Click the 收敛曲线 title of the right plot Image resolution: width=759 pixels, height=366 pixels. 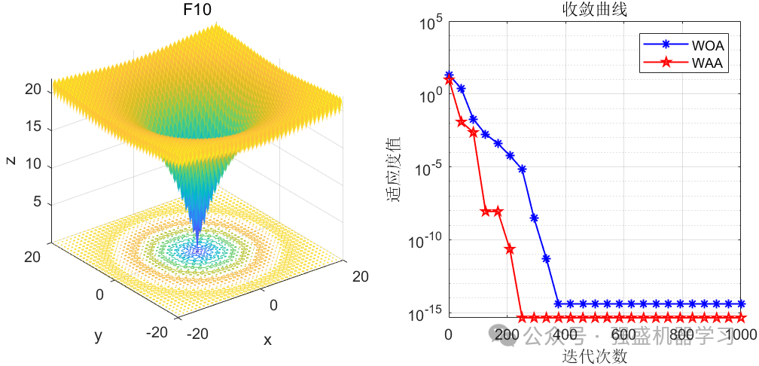pyautogui.click(x=594, y=10)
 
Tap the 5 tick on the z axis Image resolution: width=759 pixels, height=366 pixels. pyautogui.click(x=37, y=203)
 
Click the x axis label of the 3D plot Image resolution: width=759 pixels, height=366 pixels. pyautogui.click(x=267, y=340)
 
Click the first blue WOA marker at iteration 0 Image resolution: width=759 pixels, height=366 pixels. pyautogui.click(x=449, y=75)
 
